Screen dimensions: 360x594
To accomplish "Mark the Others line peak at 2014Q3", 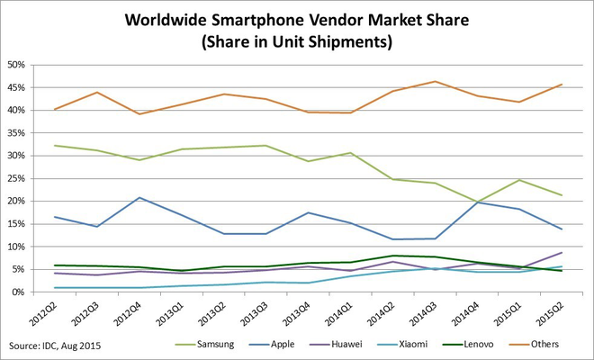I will pyautogui.click(x=435, y=82).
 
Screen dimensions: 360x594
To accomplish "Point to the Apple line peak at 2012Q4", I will pyautogui.click(x=139, y=197).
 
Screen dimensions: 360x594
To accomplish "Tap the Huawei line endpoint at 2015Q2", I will pyautogui.click(x=561, y=252).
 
